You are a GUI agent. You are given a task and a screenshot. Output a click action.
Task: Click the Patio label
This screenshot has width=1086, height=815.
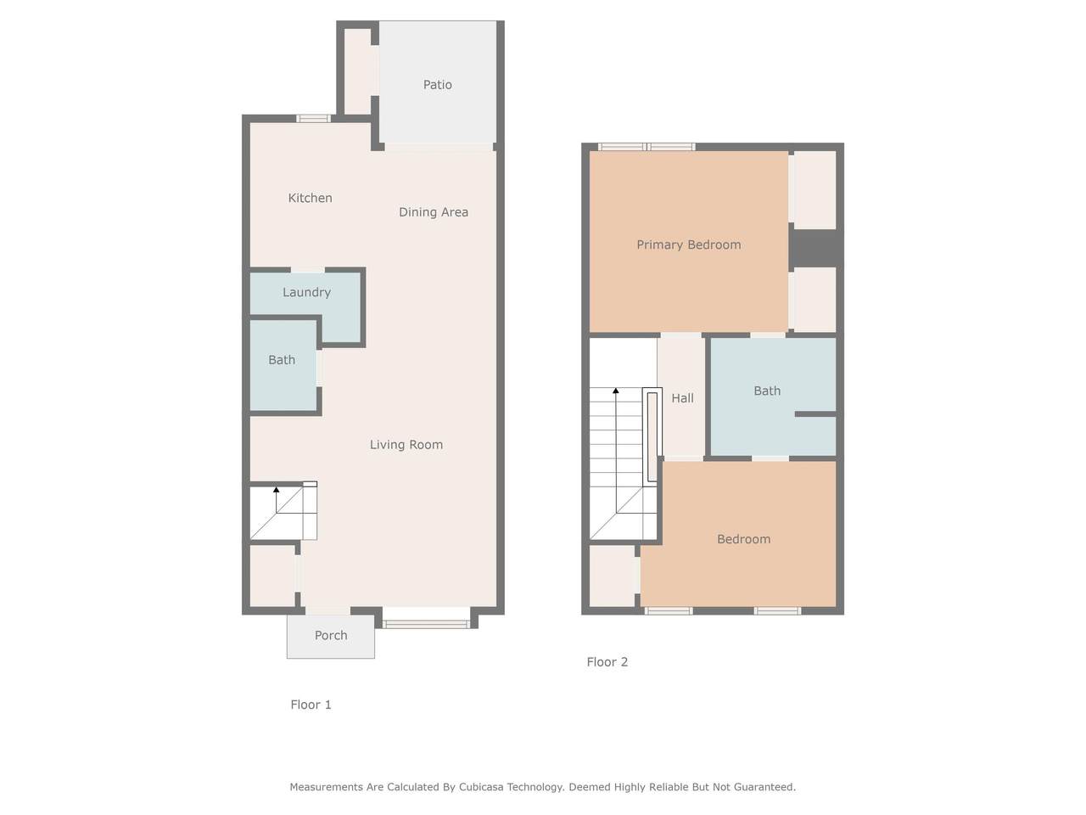[x=437, y=85]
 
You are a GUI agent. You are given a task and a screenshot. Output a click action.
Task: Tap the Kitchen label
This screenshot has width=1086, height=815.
[x=311, y=198]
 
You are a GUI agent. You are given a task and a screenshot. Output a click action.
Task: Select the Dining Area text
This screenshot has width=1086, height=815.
[x=434, y=212]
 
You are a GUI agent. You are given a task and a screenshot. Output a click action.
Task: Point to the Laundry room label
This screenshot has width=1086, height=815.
[x=307, y=292]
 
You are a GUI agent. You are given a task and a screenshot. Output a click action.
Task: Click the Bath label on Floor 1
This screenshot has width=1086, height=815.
[x=282, y=360]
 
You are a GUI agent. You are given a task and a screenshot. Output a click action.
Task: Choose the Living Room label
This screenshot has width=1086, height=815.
[x=406, y=445]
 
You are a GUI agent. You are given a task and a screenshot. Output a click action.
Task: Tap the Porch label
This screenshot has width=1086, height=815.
[x=331, y=635]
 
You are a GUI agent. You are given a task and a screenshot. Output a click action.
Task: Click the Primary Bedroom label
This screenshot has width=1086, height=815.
[x=689, y=245]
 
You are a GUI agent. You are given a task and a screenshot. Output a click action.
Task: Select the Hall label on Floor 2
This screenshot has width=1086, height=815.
[x=682, y=398]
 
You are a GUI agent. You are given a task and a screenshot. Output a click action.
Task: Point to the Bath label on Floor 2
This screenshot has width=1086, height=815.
[x=767, y=391]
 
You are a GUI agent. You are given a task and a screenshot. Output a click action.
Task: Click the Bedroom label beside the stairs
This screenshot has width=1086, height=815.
[x=743, y=539]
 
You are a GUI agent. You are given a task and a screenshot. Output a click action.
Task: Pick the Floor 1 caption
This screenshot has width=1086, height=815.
[x=311, y=705]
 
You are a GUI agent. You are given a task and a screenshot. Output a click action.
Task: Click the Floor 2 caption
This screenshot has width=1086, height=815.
[x=607, y=662]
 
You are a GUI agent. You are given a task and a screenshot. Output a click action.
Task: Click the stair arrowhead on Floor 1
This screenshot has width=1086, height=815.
[x=276, y=489]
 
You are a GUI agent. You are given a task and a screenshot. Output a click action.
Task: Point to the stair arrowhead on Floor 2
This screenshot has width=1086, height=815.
[x=615, y=391]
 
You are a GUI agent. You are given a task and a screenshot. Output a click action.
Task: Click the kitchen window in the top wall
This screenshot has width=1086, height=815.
[x=314, y=118]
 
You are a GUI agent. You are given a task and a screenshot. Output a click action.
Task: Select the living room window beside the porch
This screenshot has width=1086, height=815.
[x=426, y=625]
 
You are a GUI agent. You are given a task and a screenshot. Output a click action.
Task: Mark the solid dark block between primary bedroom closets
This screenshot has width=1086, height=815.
[x=814, y=249]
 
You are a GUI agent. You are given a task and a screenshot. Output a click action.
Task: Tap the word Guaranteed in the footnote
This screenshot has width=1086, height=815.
[x=764, y=787]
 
